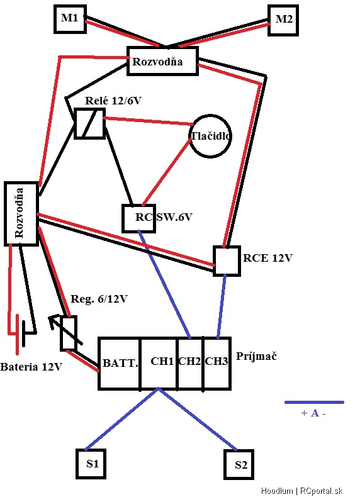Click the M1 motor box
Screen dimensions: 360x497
(x=70, y=19)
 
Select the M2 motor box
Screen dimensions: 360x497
(x=283, y=20)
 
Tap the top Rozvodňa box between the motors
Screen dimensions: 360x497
(x=163, y=61)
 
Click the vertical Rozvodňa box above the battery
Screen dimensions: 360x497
(x=21, y=214)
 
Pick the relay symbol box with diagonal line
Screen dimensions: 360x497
(x=89, y=123)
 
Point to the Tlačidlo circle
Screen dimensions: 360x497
(x=210, y=136)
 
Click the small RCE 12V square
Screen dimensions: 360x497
(x=227, y=261)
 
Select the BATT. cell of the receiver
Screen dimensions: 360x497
(x=120, y=364)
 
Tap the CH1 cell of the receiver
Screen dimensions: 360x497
(x=159, y=364)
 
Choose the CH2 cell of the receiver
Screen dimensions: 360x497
(x=190, y=364)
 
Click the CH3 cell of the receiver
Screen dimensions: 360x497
(x=217, y=364)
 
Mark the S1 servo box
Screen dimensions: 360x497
(x=91, y=464)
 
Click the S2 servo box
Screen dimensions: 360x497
(x=239, y=465)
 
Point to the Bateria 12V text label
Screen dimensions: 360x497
(x=31, y=367)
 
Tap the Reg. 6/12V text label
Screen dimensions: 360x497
(x=99, y=299)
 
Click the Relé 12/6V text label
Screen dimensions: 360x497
(x=113, y=101)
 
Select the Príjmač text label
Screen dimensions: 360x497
(x=256, y=357)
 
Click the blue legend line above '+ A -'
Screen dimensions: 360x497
(x=314, y=403)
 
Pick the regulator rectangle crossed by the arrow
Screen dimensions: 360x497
(x=69, y=333)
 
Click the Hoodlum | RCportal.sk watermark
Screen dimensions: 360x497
(x=301, y=491)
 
